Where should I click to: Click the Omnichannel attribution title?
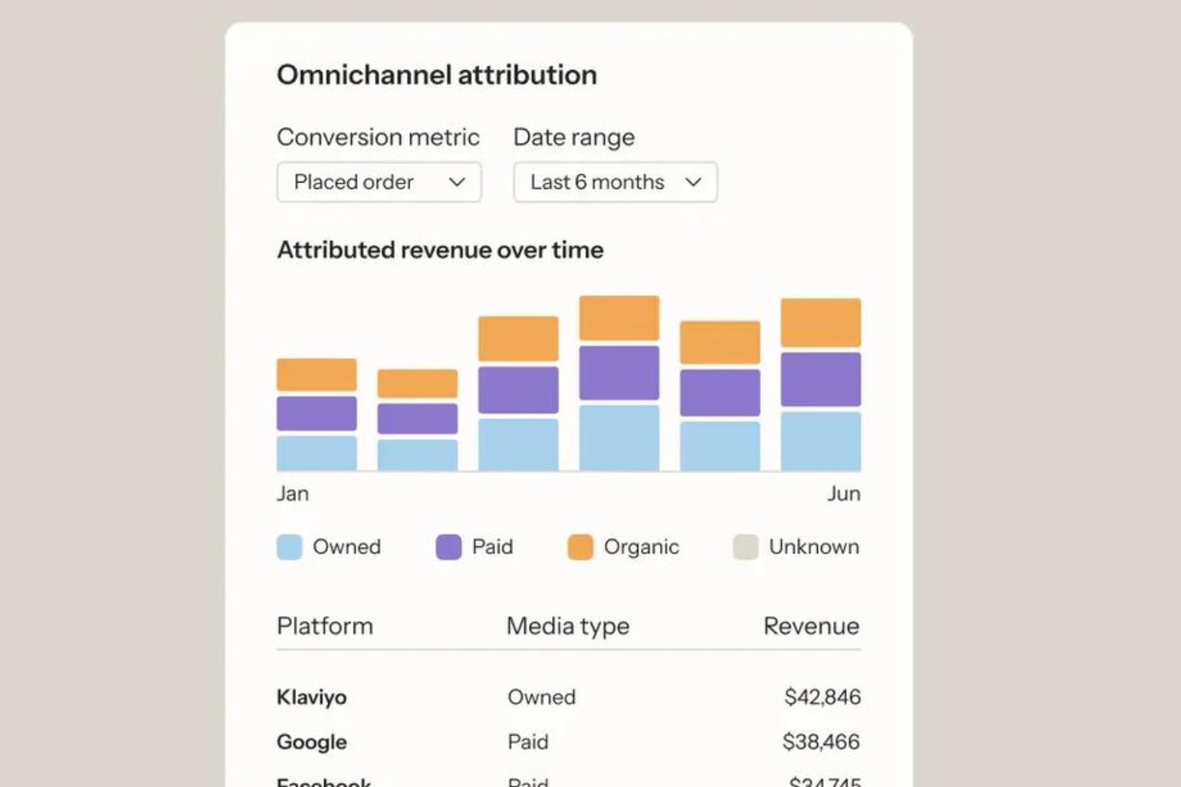(x=436, y=75)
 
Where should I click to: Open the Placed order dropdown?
(x=379, y=183)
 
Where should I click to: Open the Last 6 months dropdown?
(x=615, y=183)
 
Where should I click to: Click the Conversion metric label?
(x=378, y=137)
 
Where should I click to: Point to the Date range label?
(x=574, y=137)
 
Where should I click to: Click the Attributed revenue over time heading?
(x=440, y=250)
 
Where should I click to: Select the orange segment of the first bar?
(x=317, y=375)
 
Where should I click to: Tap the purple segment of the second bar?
(x=417, y=419)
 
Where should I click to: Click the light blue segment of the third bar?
(x=518, y=444)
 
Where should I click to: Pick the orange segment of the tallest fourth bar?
(x=619, y=318)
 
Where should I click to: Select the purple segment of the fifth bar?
(x=720, y=392)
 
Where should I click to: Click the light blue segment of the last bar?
(x=820, y=441)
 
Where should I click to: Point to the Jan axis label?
(x=293, y=494)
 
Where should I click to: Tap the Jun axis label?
(x=843, y=494)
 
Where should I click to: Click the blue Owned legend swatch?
(x=290, y=547)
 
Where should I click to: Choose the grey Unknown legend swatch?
(x=745, y=547)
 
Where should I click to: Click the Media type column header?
(x=568, y=626)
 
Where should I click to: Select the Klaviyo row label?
(x=312, y=697)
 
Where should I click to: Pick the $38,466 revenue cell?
(x=821, y=742)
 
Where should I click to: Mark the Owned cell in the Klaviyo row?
(x=542, y=697)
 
